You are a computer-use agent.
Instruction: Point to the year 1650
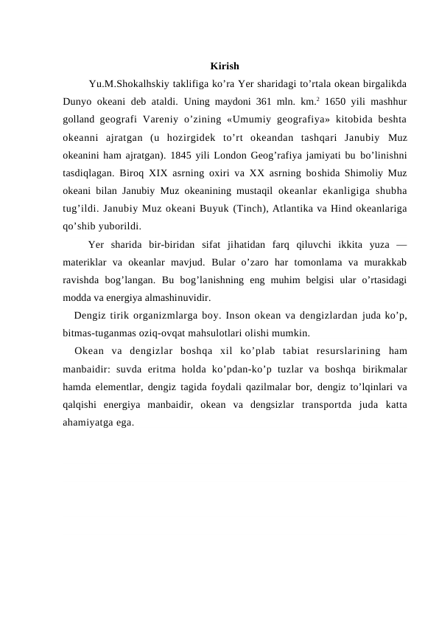point(336,100)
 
